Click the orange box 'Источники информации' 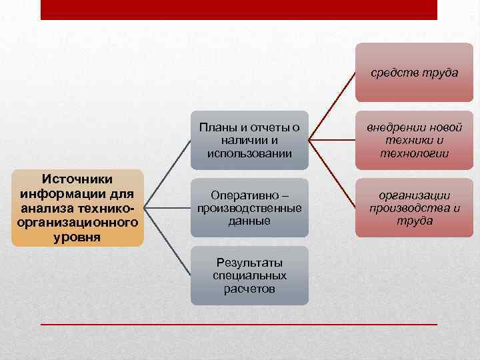tap(77, 208)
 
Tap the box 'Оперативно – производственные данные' tap(249, 208)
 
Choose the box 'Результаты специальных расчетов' tap(249, 275)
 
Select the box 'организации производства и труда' tap(414, 208)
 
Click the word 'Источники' tap(77, 179)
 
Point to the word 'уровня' tap(77, 237)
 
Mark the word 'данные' tap(249, 221)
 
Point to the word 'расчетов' tap(249, 289)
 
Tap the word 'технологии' tap(414, 153)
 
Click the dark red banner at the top tap(239, 9)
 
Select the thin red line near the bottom tap(239, 323)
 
